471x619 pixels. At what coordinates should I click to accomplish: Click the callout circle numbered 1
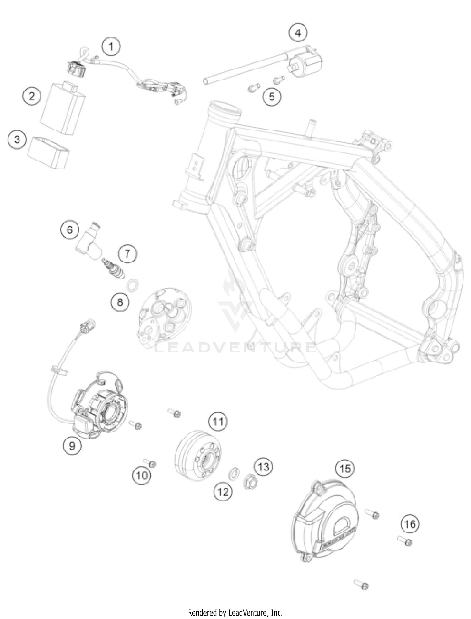pos(111,47)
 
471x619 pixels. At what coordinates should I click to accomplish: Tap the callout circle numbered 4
pos(298,33)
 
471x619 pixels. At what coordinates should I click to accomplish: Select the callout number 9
pos(72,445)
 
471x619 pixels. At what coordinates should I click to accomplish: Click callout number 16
pos(410,524)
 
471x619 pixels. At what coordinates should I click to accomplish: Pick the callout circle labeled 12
pos(223,491)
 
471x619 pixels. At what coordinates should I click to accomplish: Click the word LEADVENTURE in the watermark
pos(235,347)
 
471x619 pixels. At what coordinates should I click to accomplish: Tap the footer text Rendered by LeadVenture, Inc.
pos(235,612)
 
